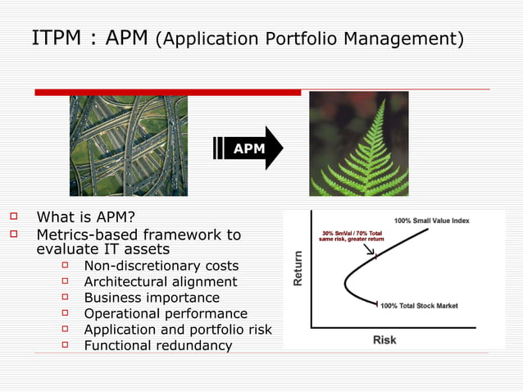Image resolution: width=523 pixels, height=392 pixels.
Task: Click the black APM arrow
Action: [248, 148]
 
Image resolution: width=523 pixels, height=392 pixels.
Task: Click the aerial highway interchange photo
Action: [128, 145]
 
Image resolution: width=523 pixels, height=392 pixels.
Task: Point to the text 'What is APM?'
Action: [85, 217]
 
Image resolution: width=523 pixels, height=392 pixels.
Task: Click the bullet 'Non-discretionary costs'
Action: [161, 266]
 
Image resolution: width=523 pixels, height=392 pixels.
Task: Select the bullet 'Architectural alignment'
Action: [161, 281]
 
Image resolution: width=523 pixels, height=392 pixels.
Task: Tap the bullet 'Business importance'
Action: [152, 298]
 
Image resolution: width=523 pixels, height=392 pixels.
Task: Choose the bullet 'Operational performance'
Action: [166, 313]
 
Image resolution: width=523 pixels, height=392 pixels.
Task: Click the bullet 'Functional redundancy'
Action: [158, 345]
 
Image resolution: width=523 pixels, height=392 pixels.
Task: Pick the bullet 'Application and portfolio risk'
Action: [178, 330]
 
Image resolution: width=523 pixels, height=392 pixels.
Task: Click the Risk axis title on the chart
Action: [384, 339]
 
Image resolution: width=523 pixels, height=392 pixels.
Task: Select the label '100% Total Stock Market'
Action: [420, 305]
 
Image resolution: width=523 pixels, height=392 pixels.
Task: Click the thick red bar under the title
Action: [167, 92]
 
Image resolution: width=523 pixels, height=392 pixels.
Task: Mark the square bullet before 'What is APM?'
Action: [13, 217]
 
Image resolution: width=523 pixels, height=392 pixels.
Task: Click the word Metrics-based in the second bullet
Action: [85, 235]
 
